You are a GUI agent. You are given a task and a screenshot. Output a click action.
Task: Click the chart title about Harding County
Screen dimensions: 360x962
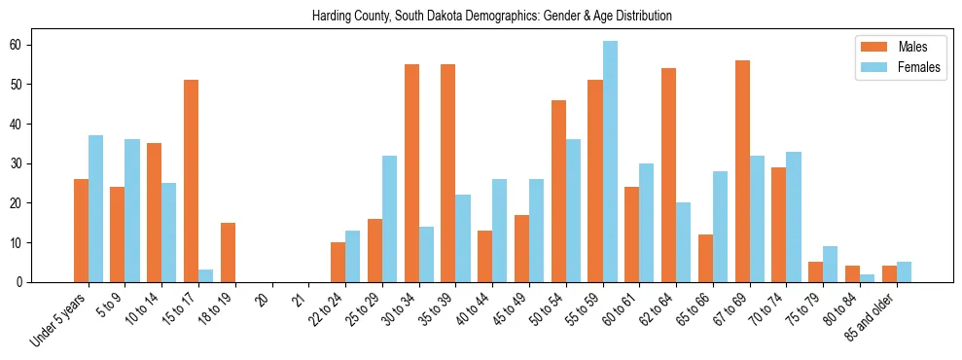pyautogui.click(x=491, y=17)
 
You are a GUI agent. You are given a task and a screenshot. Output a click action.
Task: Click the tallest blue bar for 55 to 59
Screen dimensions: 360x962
pyautogui.click(x=610, y=162)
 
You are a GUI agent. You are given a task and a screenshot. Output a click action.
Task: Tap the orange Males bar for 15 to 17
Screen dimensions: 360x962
pyautogui.click(x=191, y=181)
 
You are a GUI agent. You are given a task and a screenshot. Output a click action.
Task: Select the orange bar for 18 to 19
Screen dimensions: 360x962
pyautogui.click(x=228, y=252)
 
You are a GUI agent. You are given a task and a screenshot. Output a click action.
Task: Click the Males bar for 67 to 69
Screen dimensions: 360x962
pyautogui.click(x=742, y=171)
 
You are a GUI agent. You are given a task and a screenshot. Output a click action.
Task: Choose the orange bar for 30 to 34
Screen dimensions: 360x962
pyautogui.click(x=411, y=173)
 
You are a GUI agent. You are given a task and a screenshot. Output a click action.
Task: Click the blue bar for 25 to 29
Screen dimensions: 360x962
pyautogui.click(x=389, y=219)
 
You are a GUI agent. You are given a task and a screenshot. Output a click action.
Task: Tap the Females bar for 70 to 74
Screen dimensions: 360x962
pyautogui.click(x=794, y=217)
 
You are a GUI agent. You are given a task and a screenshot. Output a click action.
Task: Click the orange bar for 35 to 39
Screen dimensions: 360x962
pyautogui.click(x=448, y=173)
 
